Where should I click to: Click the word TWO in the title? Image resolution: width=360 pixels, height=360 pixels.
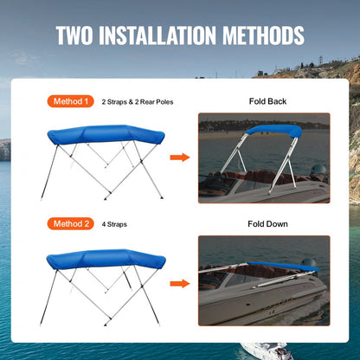(79, 36)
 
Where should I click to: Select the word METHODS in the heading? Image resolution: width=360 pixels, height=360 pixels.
(261, 36)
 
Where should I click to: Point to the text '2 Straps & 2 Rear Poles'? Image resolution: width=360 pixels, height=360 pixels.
(138, 102)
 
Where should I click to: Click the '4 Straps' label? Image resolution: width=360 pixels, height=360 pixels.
(114, 224)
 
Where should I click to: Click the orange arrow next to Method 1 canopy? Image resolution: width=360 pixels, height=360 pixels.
(179, 157)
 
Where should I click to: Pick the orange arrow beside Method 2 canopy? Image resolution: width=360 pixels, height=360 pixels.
(179, 282)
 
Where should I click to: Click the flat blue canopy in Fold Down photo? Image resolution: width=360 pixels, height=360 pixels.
(277, 267)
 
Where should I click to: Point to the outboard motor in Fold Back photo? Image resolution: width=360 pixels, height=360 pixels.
(318, 172)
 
